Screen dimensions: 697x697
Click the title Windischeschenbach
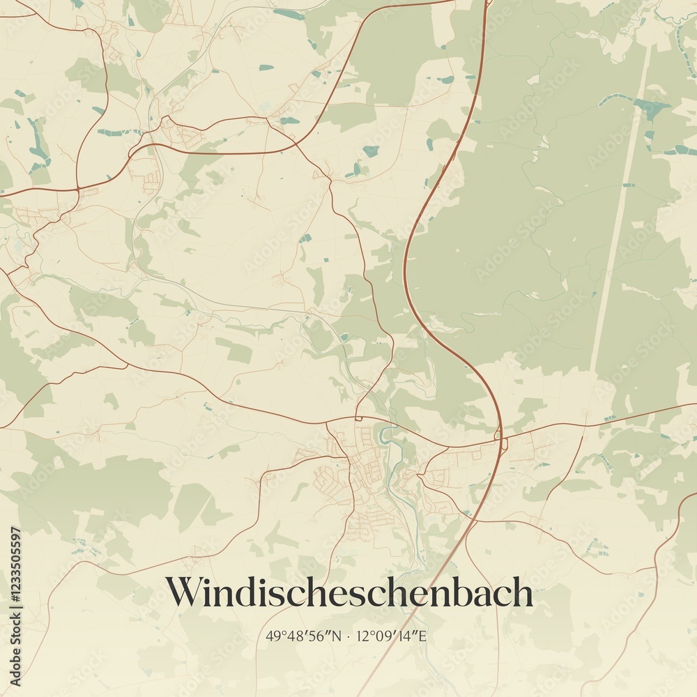348,592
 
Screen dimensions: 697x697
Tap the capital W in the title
183,592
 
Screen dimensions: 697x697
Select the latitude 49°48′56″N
304,636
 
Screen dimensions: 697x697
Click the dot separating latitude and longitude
349,636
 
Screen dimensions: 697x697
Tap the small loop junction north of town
358,418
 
